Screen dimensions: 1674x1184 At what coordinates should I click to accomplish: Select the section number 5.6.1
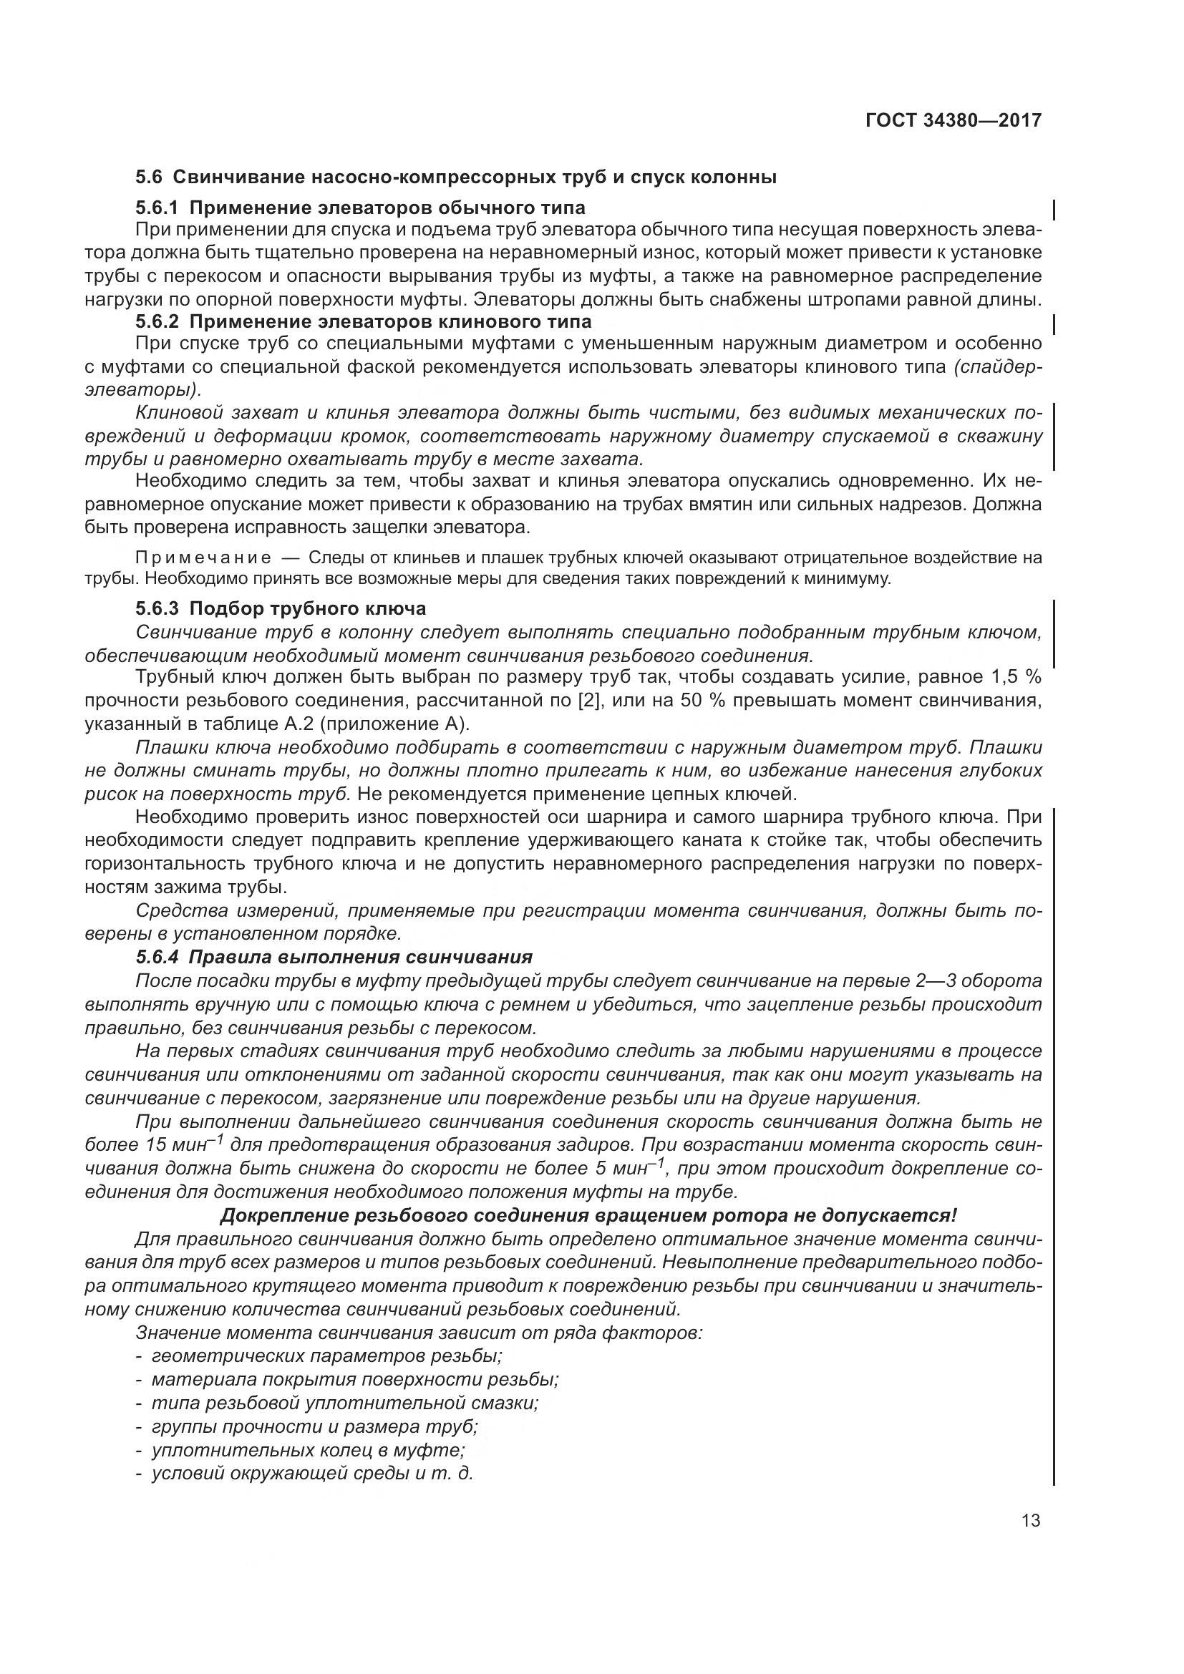(157, 208)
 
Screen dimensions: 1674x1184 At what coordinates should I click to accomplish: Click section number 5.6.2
(157, 321)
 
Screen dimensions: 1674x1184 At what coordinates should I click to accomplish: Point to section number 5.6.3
(157, 608)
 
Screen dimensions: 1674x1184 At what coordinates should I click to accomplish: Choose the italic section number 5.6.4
(157, 957)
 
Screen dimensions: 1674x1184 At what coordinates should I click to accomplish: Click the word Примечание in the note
(203, 558)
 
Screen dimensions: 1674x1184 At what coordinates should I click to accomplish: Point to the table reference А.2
(354, 725)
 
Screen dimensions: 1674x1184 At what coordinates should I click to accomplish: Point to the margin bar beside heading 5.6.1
(1055, 209)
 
